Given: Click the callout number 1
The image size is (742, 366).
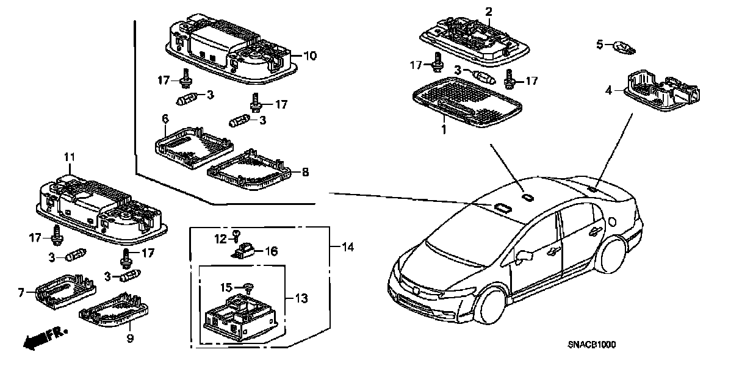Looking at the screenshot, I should click(444, 129).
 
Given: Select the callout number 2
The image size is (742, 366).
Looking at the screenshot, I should click(488, 12).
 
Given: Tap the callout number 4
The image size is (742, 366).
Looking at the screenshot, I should click(608, 91).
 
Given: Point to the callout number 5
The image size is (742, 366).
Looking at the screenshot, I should click(599, 44).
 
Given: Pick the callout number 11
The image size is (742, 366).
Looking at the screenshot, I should click(69, 157).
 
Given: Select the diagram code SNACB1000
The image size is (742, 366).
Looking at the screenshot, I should click(589, 345).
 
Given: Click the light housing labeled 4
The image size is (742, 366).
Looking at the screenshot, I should click(662, 91).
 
